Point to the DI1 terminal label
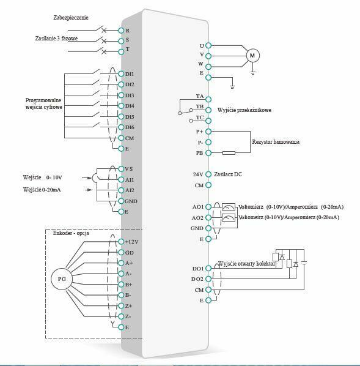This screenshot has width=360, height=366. coord(130,73)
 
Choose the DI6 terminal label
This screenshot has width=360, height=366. coord(130,127)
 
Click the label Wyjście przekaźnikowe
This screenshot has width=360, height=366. coord(244,110)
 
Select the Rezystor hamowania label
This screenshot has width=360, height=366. coord(276,142)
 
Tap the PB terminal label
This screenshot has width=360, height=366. coord(199,153)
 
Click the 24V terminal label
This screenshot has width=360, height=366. coord(198,174)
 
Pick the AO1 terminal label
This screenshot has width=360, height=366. coord(197,207)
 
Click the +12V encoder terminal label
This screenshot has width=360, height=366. coord(131,242)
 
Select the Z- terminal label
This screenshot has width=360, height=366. coord(129,316)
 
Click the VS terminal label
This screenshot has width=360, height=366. coord(128,168)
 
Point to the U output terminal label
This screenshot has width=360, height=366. coord(201,45)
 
